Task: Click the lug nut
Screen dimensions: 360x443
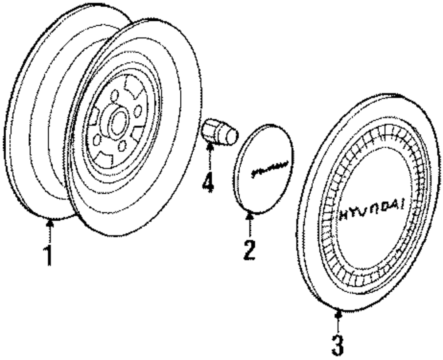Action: tap(220, 132)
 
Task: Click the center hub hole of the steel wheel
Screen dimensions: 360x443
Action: tap(117, 124)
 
